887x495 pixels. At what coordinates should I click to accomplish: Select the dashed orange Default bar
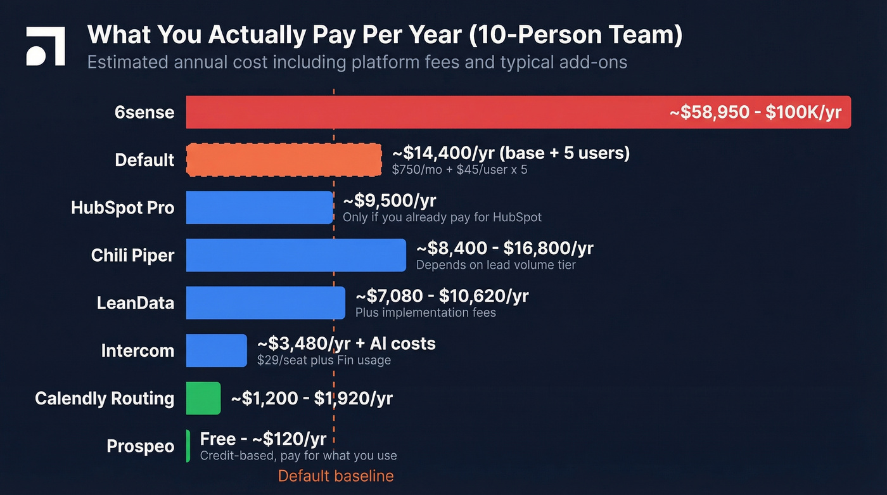(x=283, y=160)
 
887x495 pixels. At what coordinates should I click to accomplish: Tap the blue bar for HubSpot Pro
(x=259, y=207)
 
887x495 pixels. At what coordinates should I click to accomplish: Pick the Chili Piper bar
(x=295, y=255)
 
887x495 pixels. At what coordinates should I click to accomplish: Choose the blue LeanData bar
(x=265, y=303)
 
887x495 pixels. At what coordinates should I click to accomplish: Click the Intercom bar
(x=216, y=350)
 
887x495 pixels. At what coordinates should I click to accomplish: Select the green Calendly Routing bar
(x=203, y=398)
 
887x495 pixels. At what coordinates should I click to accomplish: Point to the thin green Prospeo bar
(x=188, y=446)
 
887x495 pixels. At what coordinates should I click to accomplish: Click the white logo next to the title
(x=45, y=47)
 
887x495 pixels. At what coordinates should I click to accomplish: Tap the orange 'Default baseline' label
(x=336, y=476)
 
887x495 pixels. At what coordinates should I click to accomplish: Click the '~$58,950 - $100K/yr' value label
(x=755, y=112)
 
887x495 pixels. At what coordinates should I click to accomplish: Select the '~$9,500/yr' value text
(x=390, y=201)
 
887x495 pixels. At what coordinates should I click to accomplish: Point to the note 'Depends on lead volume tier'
(x=495, y=265)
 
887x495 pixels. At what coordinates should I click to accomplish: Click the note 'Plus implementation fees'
(x=425, y=312)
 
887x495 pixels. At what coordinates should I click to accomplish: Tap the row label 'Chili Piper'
(x=132, y=255)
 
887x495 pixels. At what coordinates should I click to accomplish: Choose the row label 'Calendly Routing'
(x=105, y=398)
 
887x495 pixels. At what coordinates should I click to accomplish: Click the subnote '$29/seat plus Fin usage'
(x=324, y=361)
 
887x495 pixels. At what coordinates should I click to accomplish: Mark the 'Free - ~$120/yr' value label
(x=263, y=439)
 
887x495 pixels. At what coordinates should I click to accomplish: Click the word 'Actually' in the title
(x=257, y=35)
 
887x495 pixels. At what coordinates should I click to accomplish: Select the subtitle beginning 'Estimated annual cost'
(x=357, y=62)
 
